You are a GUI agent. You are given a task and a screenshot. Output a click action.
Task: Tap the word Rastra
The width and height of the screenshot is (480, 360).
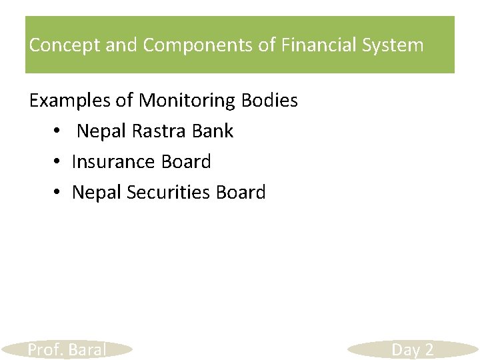click(x=160, y=131)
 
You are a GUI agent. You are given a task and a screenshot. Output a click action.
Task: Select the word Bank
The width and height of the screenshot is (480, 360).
click(x=213, y=131)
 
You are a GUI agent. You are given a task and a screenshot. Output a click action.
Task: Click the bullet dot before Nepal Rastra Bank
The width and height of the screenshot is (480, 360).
click(x=58, y=131)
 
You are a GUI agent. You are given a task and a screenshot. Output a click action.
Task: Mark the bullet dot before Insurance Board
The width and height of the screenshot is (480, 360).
click(x=58, y=162)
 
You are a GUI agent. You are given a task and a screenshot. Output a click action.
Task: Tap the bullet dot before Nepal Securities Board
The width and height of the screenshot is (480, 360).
click(x=58, y=193)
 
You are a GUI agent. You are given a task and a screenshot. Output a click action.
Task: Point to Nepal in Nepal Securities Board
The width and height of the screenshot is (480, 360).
click(x=96, y=192)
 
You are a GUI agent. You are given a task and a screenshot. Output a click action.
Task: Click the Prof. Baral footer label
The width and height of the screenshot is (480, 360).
click(x=67, y=349)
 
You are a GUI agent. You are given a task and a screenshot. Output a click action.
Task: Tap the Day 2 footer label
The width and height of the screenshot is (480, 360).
click(x=413, y=349)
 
